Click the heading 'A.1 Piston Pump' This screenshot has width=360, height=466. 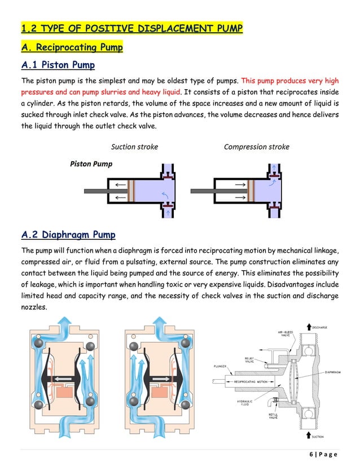(58, 65)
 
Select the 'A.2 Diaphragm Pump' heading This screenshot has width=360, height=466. (68, 234)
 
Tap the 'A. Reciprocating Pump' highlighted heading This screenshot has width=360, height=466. (72, 47)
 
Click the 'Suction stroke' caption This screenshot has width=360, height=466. (134, 147)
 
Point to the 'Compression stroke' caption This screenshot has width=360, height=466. (256, 147)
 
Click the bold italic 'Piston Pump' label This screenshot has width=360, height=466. (91, 164)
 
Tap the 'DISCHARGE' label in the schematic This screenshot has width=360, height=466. (319, 327)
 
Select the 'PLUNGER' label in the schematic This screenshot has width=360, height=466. (220, 366)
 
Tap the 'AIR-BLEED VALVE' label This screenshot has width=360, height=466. (286, 333)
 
